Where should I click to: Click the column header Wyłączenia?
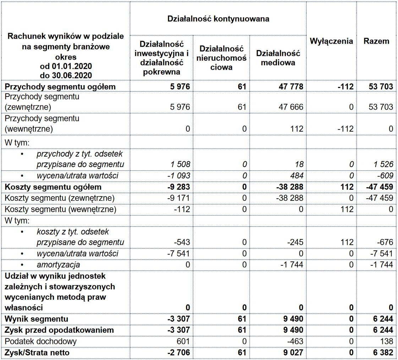coord(331,41)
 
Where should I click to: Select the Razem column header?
coord(376,41)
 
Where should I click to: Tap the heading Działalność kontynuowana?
coord(218,19)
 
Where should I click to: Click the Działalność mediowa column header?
coord(278,58)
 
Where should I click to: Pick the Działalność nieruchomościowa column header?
coord(221,58)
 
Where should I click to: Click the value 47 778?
coord(291,87)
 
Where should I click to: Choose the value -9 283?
coord(178,187)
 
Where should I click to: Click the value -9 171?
coord(178,198)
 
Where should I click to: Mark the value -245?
coord(295,242)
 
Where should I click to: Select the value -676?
coord(385,242)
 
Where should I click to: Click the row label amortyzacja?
coord(58,265)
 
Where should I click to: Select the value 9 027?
coord(293,353)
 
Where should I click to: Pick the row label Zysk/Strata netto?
coord(37,353)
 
